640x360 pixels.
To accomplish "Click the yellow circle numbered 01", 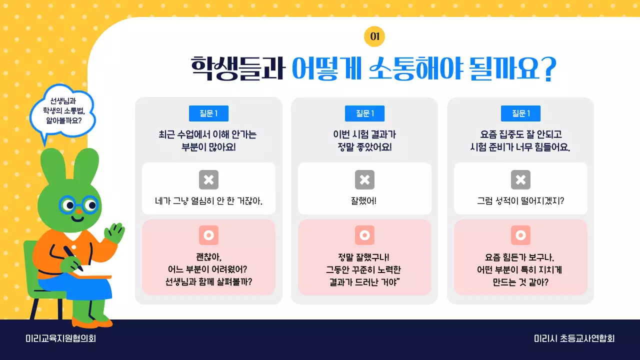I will (374, 36).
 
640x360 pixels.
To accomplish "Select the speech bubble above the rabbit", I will (62, 112).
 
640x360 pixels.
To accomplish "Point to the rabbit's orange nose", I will (77, 218).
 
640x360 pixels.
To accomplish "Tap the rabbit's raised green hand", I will (115, 233).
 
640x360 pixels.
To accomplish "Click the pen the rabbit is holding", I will (73, 258).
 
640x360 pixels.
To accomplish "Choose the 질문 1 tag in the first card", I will (208, 113).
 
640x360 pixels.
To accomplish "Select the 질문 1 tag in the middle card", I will (364, 113).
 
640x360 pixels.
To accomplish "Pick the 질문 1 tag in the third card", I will (520, 113).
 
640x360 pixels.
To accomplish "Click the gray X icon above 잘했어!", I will (364, 180).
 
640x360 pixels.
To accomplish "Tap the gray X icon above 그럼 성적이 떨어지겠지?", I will (520, 180).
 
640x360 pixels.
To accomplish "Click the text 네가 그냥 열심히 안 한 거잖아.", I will (208, 201).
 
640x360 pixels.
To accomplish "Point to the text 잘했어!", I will (364, 201).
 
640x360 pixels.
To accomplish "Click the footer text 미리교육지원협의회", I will (60, 338).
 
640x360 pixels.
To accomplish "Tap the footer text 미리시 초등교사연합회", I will (574, 338).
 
